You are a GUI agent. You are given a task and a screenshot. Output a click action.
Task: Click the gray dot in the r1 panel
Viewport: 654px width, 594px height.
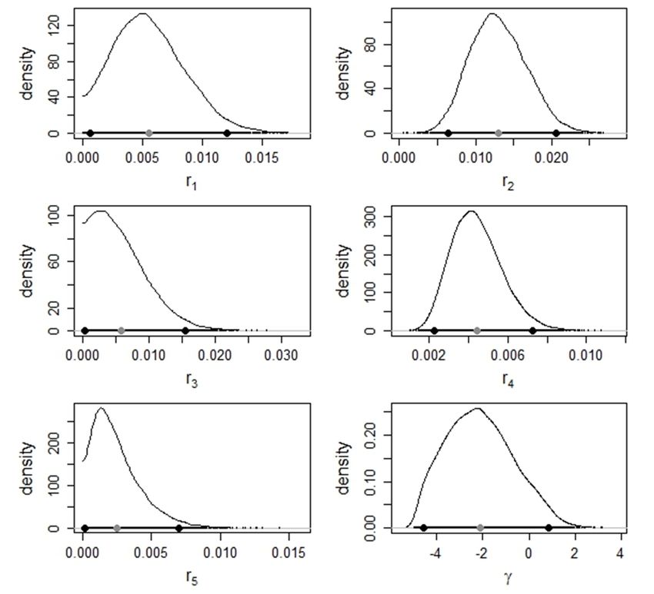pyautogui.click(x=148, y=133)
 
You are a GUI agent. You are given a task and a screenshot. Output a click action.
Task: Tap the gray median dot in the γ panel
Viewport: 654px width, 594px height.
pyautogui.click(x=480, y=528)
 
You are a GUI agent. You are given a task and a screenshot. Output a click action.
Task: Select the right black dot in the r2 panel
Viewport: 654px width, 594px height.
pyautogui.click(x=556, y=133)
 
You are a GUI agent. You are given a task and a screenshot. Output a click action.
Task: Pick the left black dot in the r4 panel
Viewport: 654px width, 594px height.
pyautogui.click(x=434, y=330)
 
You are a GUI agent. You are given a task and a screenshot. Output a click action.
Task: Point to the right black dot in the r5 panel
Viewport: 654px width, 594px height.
pyautogui.click(x=179, y=528)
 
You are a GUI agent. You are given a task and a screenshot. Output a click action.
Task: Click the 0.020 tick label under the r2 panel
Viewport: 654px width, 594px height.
pyautogui.click(x=554, y=158)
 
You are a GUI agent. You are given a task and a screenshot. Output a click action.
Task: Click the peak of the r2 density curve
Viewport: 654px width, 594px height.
pyautogui.click(x=491, y=13)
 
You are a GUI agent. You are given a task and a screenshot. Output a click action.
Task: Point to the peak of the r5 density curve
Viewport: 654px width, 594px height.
pyautogui.click(x=101, y=407)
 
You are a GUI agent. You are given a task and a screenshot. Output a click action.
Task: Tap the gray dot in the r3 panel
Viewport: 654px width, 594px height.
pyautogui.click(x=122, y=330)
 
